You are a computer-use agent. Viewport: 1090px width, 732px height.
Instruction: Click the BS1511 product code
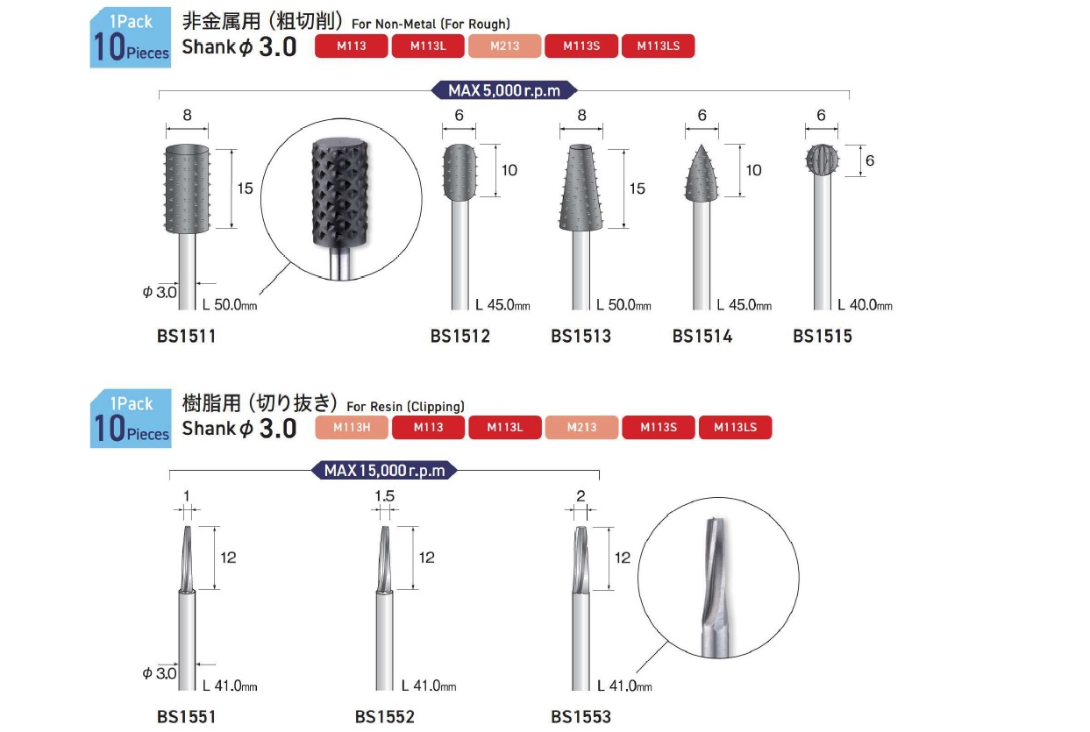186,336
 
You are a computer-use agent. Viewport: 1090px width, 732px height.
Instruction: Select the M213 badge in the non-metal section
504,46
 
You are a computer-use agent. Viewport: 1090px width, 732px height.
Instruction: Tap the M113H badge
352,428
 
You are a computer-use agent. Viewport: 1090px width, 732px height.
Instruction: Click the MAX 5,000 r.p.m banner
504,90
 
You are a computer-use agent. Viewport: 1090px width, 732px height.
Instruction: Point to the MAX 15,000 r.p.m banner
384,471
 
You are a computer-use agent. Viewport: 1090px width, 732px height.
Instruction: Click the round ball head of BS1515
822,159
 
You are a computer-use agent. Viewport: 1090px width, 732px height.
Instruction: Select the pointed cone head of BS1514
702,174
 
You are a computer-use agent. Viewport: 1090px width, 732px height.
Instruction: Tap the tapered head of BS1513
581,188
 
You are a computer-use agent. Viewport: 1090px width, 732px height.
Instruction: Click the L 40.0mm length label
865,305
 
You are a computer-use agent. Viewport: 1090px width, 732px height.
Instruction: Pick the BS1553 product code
581,717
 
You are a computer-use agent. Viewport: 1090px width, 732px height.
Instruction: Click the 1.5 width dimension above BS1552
384,496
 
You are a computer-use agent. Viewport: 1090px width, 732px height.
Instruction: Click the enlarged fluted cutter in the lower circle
716,587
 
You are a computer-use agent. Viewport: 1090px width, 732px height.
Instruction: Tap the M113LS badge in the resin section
735,428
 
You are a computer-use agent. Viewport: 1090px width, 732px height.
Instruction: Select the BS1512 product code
460,336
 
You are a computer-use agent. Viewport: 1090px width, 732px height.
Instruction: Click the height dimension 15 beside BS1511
245,188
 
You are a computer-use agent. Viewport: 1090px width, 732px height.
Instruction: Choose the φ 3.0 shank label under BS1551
160,673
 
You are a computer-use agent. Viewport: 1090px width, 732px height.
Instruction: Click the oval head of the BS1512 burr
460,172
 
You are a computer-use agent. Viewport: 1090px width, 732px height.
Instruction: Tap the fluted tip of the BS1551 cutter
188,558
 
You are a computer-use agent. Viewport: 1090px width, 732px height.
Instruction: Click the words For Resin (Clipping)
405,407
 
